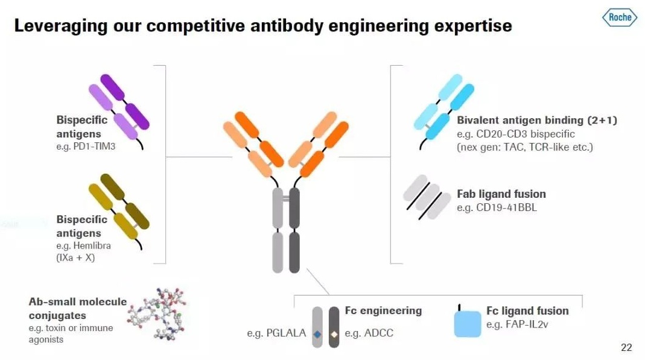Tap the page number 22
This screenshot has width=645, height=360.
(626, 347)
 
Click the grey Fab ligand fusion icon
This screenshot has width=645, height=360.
(427, 197)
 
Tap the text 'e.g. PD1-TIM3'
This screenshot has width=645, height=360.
(86, 147)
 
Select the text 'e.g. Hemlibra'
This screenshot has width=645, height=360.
(84, 246)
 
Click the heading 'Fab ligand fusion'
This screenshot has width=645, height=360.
(501, 194)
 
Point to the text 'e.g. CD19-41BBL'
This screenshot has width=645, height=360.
(497, 208)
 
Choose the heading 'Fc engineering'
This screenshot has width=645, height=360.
(383, 311)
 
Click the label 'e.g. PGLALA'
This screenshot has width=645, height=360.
(276, 333)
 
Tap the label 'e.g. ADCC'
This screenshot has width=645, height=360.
(369, 333)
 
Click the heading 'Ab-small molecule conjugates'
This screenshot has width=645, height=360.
(78, 308)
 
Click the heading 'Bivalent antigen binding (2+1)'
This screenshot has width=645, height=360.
(536, 120)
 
